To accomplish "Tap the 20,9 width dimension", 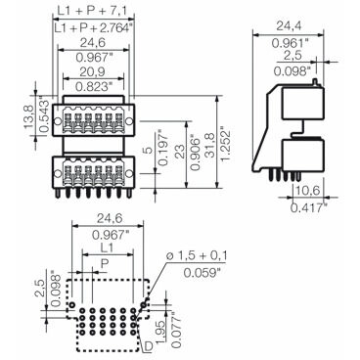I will [x=93, y=71].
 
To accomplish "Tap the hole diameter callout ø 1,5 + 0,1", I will [x=198, y=256].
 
